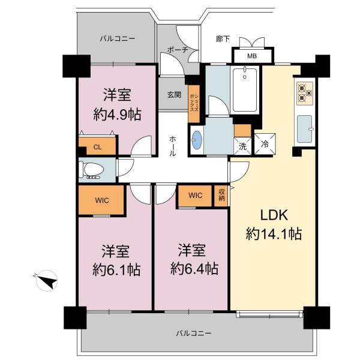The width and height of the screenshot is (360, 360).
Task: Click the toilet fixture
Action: [91, 170]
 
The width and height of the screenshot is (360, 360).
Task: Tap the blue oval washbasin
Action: [197, 140]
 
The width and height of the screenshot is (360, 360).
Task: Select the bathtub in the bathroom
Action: [245, 89]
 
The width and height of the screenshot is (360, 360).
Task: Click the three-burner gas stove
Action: [305, 94]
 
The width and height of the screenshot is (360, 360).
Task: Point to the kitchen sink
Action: [305, 129]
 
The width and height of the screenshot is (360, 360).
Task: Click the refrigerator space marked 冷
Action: [265, 144]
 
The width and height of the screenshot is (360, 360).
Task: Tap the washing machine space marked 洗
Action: [242, 146]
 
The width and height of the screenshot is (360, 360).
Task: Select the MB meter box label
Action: [252, 56]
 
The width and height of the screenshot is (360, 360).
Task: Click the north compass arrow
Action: [47, 281]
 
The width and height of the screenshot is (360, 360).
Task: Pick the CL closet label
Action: [98, 147]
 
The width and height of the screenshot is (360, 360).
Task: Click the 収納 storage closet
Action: [221, 196]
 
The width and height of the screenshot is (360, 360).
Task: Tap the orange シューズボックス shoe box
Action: [194, 104]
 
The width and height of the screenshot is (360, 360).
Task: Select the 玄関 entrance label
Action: [174, 95]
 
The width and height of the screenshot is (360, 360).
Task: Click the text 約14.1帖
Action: [274, 234]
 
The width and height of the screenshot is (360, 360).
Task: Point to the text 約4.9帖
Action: [117, 115]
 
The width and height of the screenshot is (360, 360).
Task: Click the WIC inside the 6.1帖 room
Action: [102, 200]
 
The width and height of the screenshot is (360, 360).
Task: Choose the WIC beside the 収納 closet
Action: [195, 196]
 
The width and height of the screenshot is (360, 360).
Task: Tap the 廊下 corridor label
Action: [223, 39]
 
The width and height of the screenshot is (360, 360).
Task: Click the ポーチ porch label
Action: [178, 50]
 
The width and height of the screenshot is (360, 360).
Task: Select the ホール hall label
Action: [173, 146]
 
